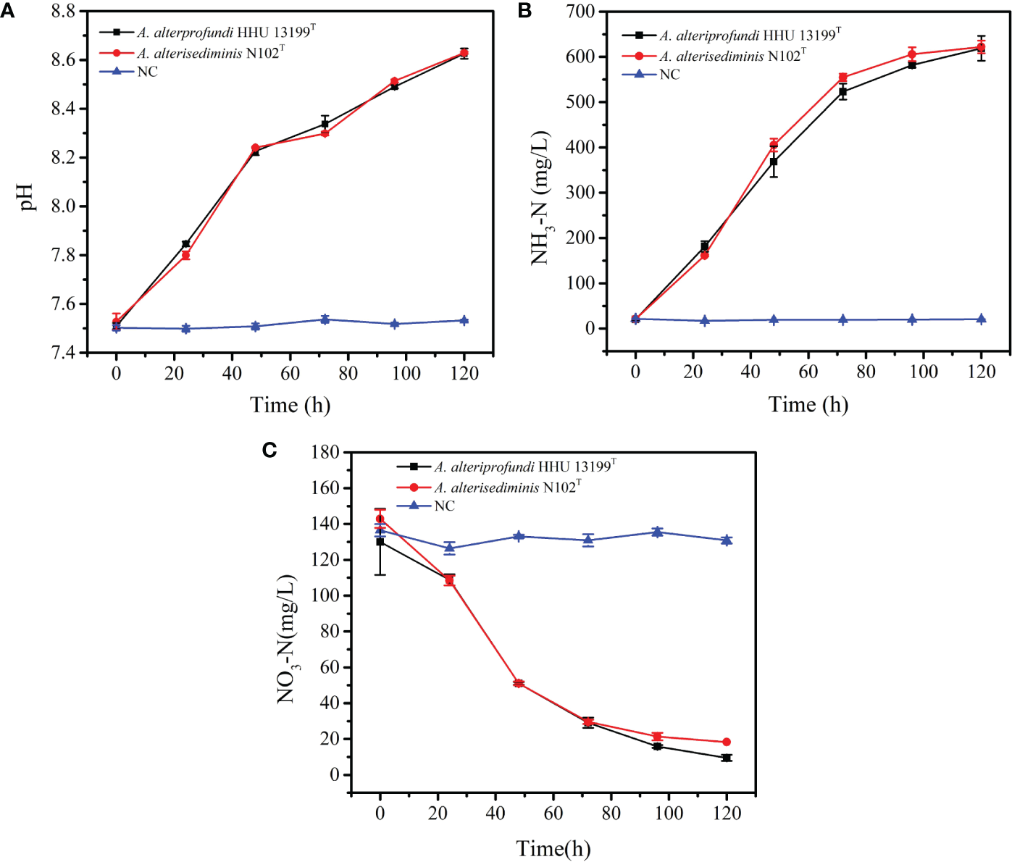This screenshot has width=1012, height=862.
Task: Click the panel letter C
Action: click(269, 451)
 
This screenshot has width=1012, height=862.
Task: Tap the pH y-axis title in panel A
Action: click(26, 197)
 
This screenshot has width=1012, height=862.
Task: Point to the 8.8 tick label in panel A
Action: click(64, 11)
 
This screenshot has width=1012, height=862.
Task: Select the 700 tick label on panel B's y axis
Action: click(581, 12)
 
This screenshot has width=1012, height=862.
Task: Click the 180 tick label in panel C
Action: click(325, 452)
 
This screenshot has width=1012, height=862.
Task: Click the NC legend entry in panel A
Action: click(147, 72)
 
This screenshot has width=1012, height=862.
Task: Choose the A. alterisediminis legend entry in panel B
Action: click(732, 56)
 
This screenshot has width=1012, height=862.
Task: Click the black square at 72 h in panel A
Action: click(325, 124)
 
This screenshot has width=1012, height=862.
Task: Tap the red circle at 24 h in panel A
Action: click(185, 256)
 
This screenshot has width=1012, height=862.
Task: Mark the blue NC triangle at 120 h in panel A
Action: click(464, 320)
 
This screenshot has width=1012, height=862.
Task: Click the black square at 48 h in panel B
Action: click(774, 162)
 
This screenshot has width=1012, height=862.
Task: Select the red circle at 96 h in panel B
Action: click(912, 54)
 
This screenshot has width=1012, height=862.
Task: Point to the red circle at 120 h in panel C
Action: click(727, 742)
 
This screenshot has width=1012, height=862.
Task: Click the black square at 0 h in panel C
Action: click(380, 542)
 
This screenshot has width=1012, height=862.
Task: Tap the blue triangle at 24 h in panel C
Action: click(449, 548)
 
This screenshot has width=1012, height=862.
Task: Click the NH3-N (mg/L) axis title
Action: click(540, 198)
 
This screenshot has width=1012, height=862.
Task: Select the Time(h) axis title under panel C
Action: click(553, 848)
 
